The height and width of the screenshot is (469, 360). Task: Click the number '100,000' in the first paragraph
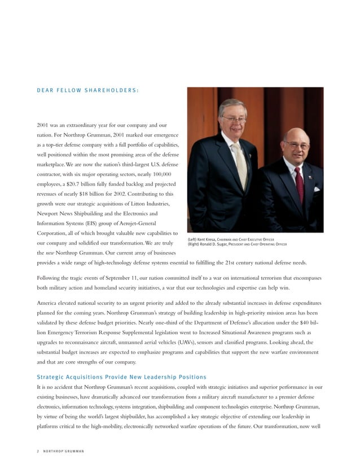[166, 172]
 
